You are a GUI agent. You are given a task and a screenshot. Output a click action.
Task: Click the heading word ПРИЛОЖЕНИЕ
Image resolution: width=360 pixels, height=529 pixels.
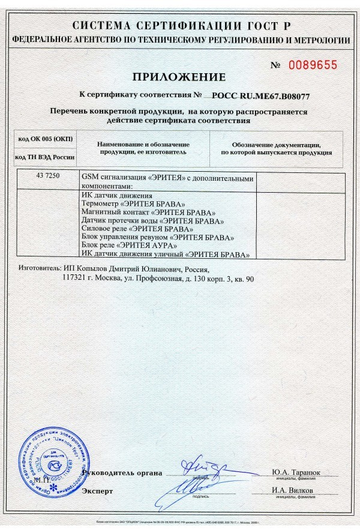tap(179, 77)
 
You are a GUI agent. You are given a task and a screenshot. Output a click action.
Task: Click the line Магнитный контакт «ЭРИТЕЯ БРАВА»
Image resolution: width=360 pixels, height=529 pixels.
tap(147, 213)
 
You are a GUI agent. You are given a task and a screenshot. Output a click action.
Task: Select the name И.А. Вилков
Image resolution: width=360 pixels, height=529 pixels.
tap(294, 491)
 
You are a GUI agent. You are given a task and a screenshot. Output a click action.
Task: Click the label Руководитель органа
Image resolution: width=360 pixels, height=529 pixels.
tap(122, 473)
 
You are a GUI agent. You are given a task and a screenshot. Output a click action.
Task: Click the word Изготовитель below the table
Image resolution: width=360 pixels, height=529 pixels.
tap(39, 270)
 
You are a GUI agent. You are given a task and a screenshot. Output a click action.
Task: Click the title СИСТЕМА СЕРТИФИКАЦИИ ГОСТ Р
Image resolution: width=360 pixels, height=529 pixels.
tap(180, 26)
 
